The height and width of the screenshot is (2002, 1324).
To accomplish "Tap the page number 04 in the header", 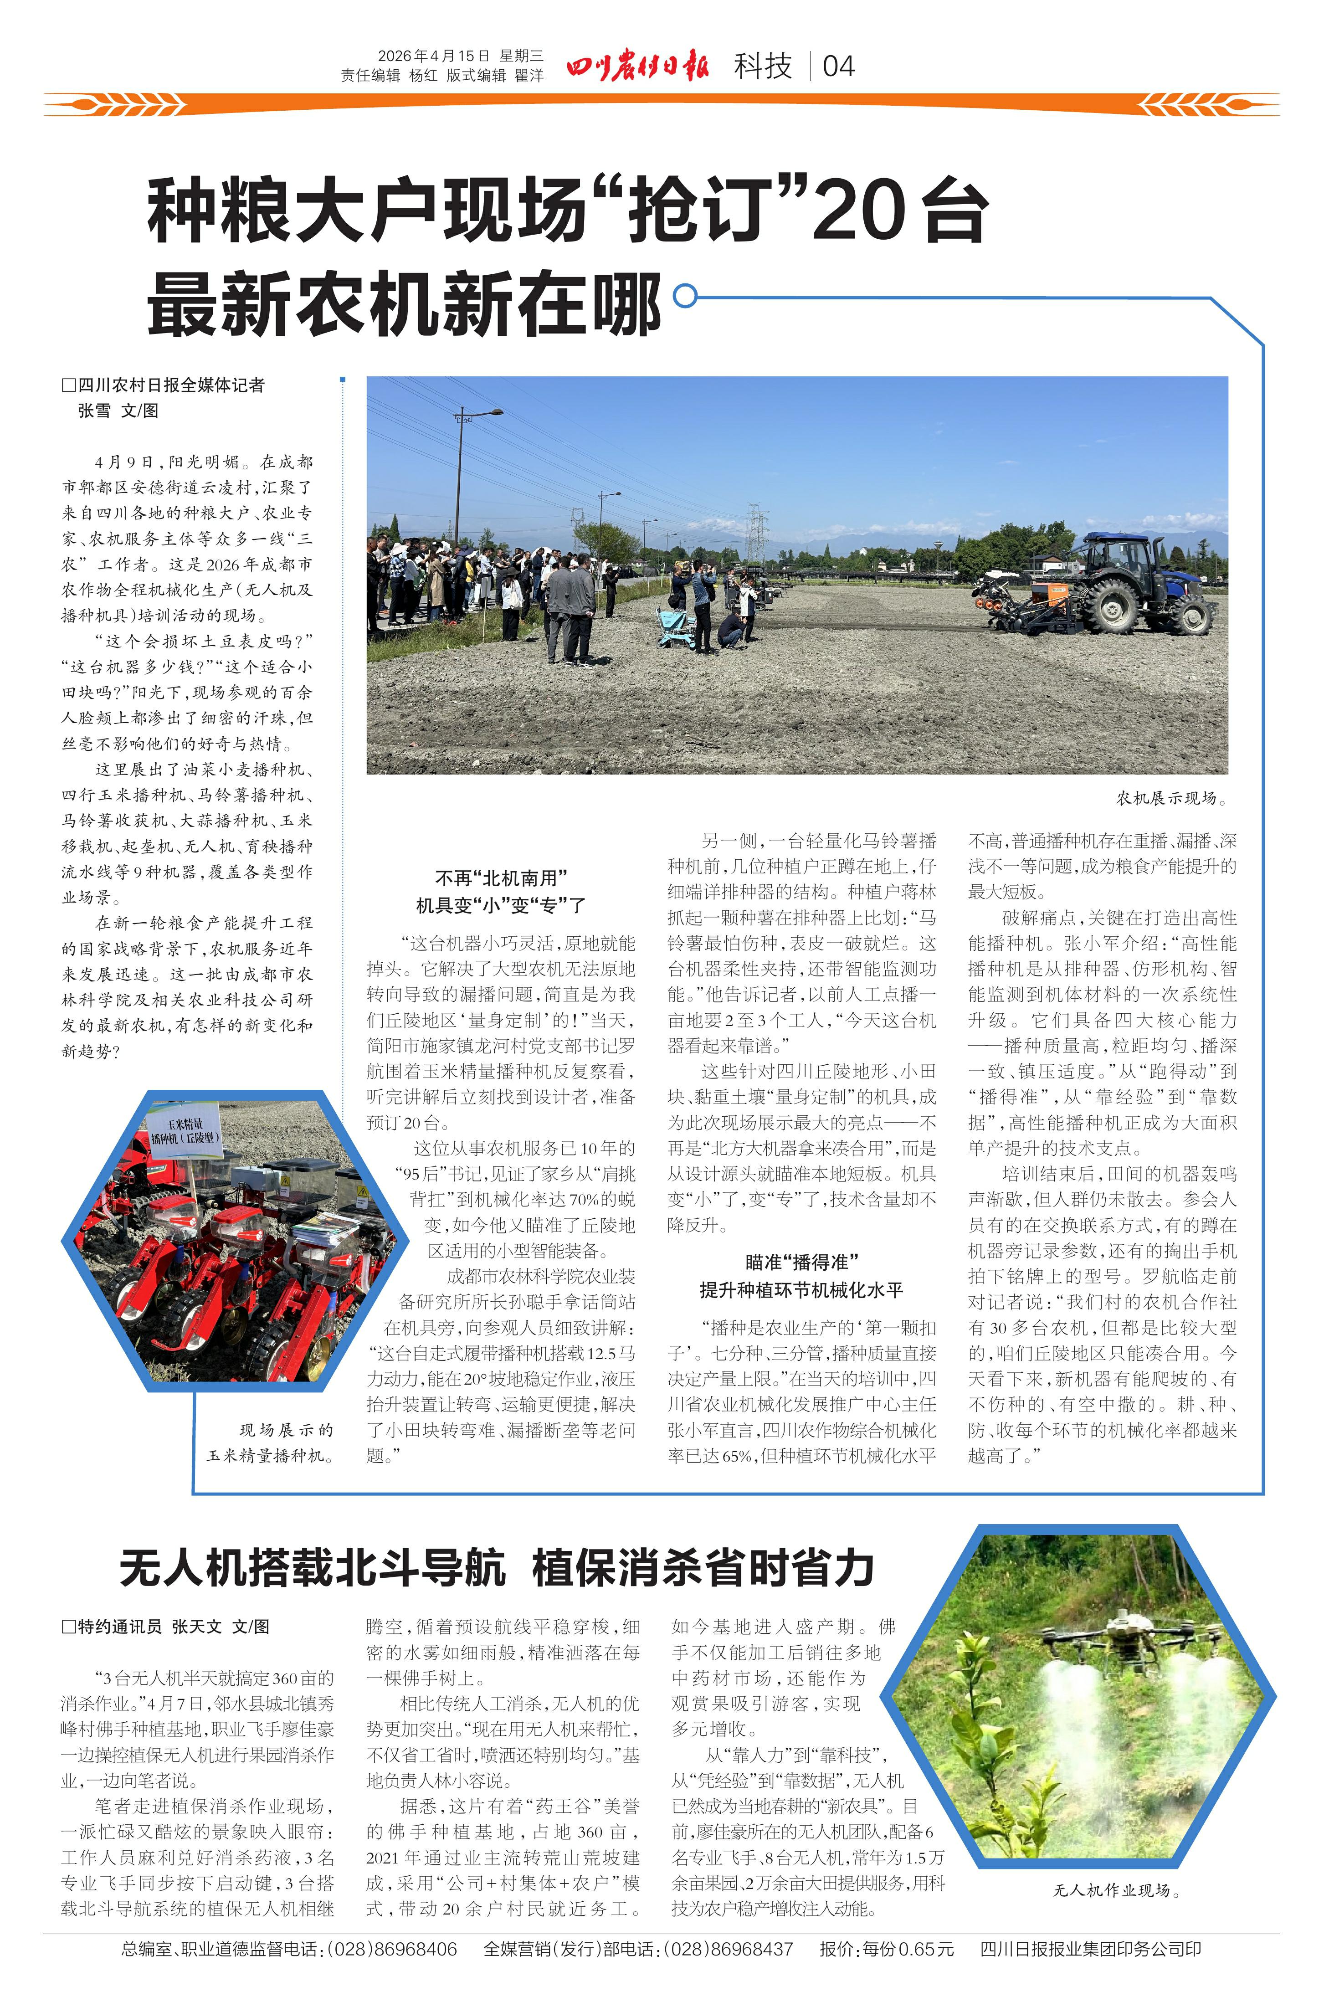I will (838, 66).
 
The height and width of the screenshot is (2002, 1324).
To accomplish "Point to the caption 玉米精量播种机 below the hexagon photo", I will (270, 1455).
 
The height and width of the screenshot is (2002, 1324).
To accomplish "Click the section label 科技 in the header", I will (763, 66).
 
